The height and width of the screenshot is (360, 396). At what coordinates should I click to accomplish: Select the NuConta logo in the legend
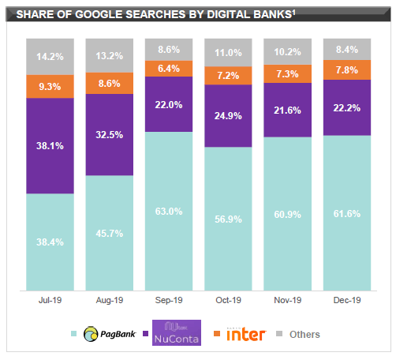pyautogui.click(x=175, y=334)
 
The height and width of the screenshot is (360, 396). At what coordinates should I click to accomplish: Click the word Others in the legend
pyautogui.click(x=304, y=335)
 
